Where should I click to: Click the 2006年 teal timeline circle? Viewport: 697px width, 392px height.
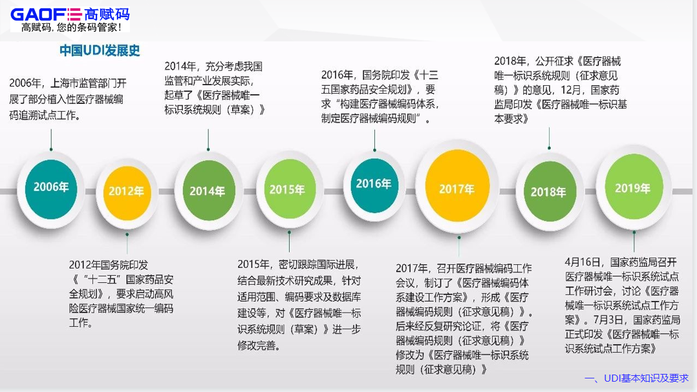51,187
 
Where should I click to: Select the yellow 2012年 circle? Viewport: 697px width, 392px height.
126,191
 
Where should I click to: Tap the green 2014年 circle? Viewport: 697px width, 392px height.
208,191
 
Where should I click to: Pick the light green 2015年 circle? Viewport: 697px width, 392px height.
287,190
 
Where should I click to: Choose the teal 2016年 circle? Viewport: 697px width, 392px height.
373,184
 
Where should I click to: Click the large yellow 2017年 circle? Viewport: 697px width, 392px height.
456,189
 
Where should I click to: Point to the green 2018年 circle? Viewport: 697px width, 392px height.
548,192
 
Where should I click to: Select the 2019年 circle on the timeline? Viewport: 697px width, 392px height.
632,189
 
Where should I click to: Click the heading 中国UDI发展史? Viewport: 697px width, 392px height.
100,50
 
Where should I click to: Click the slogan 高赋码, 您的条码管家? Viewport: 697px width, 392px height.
71,27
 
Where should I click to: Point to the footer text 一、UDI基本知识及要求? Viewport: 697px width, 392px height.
636,378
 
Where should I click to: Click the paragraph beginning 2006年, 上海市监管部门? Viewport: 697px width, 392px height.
67,99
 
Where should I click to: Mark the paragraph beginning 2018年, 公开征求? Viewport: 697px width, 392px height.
560,90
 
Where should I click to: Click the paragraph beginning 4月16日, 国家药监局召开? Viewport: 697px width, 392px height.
622,305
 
